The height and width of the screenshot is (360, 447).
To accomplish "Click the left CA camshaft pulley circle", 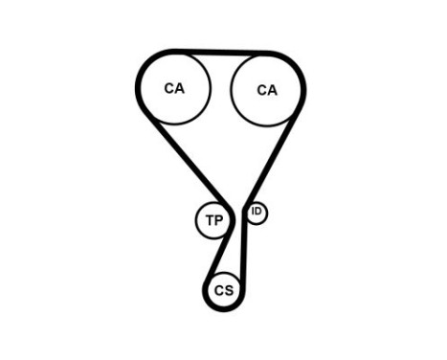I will [173, 88].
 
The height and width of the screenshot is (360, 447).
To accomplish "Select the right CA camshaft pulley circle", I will [267, 90].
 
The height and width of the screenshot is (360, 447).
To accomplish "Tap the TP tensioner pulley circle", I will [212, 221].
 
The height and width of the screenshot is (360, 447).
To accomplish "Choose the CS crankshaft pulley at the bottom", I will [223, 290].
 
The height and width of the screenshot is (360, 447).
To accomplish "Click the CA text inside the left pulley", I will [173, 88].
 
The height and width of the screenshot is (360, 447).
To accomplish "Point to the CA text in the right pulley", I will [267, 91].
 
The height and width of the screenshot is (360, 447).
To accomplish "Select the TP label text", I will [212, 221].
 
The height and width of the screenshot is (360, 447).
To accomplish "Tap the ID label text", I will [256, 212].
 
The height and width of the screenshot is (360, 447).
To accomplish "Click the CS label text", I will [223, 290].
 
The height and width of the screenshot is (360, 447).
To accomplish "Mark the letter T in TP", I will [208, 221].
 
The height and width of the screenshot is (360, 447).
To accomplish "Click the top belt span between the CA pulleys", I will [220, 54].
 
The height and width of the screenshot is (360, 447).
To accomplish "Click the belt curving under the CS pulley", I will [223, 309].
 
